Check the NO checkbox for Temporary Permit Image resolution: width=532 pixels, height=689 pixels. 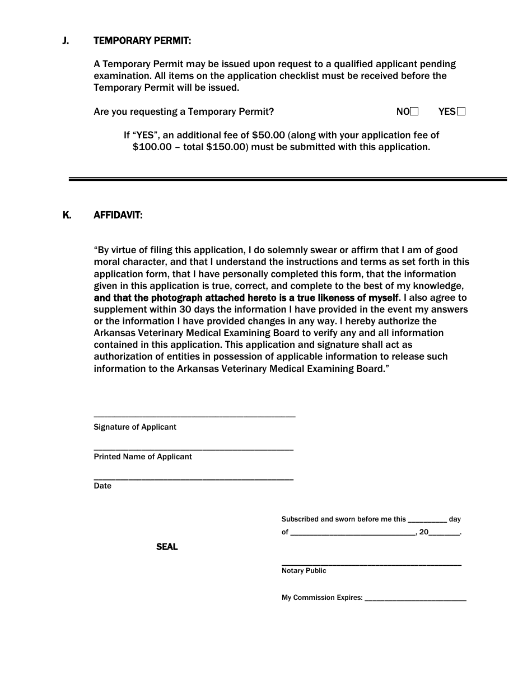point(414,111)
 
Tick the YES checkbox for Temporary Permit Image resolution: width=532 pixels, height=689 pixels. point(461,111)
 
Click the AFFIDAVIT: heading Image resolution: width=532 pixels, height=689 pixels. point(118,215)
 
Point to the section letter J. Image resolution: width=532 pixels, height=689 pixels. point(66,41)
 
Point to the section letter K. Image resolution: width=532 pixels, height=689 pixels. point(67,215)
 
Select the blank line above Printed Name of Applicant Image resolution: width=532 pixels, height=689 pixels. point(193,449)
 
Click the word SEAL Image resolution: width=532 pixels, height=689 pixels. point(167,547)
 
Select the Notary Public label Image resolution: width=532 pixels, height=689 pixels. point(304,571)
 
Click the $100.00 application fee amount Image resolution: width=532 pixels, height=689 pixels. point(152,147)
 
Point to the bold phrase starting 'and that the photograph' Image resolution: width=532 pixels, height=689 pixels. point(246,297)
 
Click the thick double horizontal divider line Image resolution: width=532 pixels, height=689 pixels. point(287,179)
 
